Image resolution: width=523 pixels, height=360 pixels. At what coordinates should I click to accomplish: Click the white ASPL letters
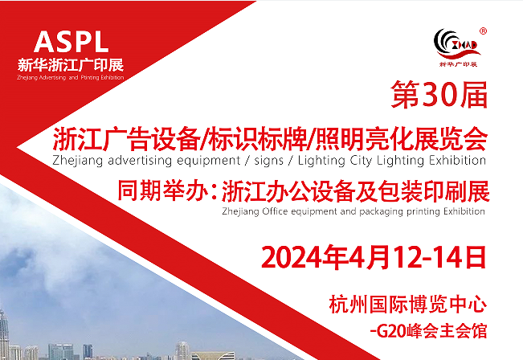71,42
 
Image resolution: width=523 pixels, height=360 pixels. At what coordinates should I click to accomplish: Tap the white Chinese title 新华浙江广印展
71,65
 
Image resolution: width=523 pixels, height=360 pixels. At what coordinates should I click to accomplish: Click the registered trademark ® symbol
483,31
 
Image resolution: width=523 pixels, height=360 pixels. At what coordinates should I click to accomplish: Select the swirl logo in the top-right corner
456,44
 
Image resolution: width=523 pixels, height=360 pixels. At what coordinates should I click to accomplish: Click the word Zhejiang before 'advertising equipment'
77,161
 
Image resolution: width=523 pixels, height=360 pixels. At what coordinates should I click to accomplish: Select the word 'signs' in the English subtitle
268,161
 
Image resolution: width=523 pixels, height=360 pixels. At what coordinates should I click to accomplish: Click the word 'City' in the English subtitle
361,161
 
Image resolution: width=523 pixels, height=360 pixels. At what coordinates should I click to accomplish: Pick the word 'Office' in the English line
275,211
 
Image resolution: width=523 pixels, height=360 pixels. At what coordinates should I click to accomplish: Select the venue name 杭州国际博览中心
407,304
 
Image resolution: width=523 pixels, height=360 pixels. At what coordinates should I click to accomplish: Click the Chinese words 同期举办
163,190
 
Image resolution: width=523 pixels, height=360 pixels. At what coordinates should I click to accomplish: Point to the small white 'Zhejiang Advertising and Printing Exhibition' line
71,78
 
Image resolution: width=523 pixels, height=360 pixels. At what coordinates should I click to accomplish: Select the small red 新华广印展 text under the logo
458,63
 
